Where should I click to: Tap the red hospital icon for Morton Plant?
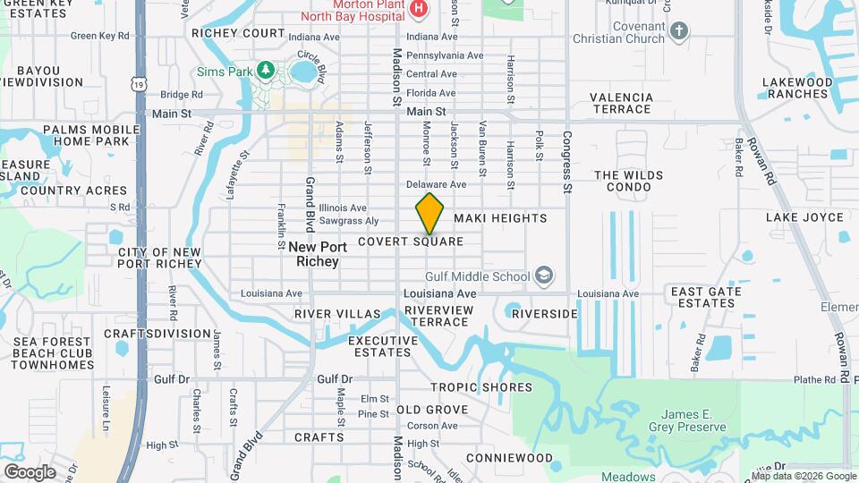pyautogui.click(x=418, y=9)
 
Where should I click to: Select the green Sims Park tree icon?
pyautogui.click(x=264, y=69)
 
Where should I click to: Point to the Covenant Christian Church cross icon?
pyautogui.click(x=679, y=32)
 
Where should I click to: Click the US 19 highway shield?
pyautogui.click(x=138, y=83)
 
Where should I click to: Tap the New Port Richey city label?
pyautogui.click(x=313, y=254)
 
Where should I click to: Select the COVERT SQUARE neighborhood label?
pyautogui.click(x=411, y=241)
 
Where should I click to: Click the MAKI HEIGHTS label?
pyautogui.click(x=500, y=218)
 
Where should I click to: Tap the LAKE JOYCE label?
pyautogui.click(x=804, y=217)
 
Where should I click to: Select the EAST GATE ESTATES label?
pyautogui.click(x=703, y=298)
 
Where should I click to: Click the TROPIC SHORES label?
pyautogui.click(x=481, y=387)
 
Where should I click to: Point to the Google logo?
pyautogui.click(x=30, y=471)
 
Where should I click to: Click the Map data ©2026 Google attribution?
pyautogui.click(x=803, y=476)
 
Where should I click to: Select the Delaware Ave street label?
pyautogui.click(x=437, y=184)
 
